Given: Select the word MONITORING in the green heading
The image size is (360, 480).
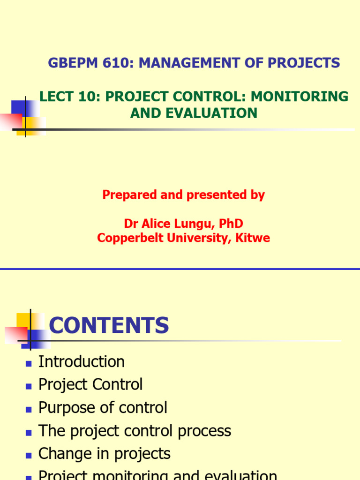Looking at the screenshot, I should click(300, 97).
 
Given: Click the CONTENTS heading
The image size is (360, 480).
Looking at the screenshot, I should click(109, 325).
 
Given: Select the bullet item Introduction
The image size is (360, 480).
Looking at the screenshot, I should click(82, 362).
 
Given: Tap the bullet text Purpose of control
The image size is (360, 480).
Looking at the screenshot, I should click(103, 408).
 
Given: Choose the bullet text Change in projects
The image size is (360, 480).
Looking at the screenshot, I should click(104, 454).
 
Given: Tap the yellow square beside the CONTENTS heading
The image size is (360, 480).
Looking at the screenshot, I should click(24, 321).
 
